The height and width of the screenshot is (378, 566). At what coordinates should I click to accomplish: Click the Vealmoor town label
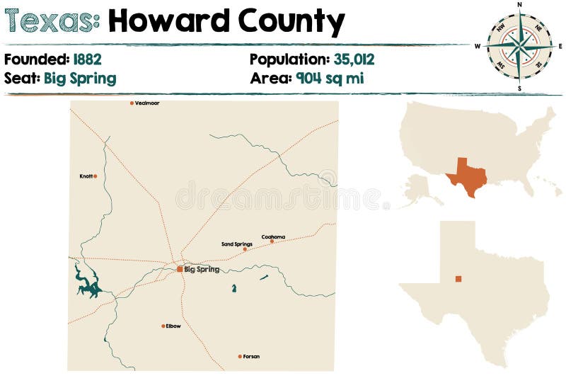[147, 103]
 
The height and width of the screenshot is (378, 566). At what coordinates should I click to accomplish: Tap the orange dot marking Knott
[95, 176]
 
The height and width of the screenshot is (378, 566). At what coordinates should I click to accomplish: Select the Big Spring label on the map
[202, 270]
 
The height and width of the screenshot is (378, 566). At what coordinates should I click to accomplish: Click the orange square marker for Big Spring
[180, 269]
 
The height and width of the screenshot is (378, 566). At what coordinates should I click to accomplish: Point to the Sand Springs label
[236, 244]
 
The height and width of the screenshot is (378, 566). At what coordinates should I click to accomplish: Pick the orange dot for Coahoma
[272, 241]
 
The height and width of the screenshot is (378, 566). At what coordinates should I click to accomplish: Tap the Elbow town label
[173, 326]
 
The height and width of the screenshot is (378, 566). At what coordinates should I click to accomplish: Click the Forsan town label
[251, 357]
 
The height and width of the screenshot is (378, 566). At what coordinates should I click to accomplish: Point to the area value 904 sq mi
[330, 78]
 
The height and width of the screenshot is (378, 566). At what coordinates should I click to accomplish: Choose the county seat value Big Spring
[80, 78]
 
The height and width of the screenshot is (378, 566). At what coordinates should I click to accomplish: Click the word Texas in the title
[49, 22]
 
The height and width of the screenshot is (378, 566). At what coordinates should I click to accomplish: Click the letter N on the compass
[519, 4]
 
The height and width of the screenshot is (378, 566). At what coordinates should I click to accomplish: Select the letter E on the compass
[560, 46]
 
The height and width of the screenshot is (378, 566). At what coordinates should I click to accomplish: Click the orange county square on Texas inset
[458, 279]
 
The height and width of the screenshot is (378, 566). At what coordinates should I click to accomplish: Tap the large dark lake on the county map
[88, 282]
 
